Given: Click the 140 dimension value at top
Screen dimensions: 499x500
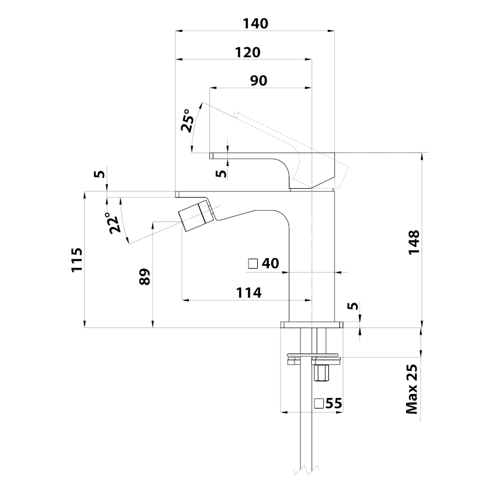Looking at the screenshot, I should [x=255, y=24].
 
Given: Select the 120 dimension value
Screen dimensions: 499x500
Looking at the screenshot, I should [x=247, y=52].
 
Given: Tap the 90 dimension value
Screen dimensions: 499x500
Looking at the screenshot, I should [x=258, y=80].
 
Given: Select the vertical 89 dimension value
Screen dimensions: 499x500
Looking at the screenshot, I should [x=144, y=276].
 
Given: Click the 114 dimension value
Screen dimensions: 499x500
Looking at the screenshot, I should [x=249, y=293].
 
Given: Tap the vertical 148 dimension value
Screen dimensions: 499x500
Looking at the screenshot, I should [x=414, y=243].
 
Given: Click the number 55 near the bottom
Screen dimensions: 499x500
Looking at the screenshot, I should [x=334, y=404].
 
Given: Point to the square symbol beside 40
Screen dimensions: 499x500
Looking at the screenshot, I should [x=253, y=264].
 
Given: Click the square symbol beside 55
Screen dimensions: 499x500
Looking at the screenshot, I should [x=319, y=404].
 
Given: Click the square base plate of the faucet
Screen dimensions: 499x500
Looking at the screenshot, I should [x=312, y=324].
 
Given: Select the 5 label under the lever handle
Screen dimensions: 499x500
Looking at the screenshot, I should [x=221, y=173].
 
